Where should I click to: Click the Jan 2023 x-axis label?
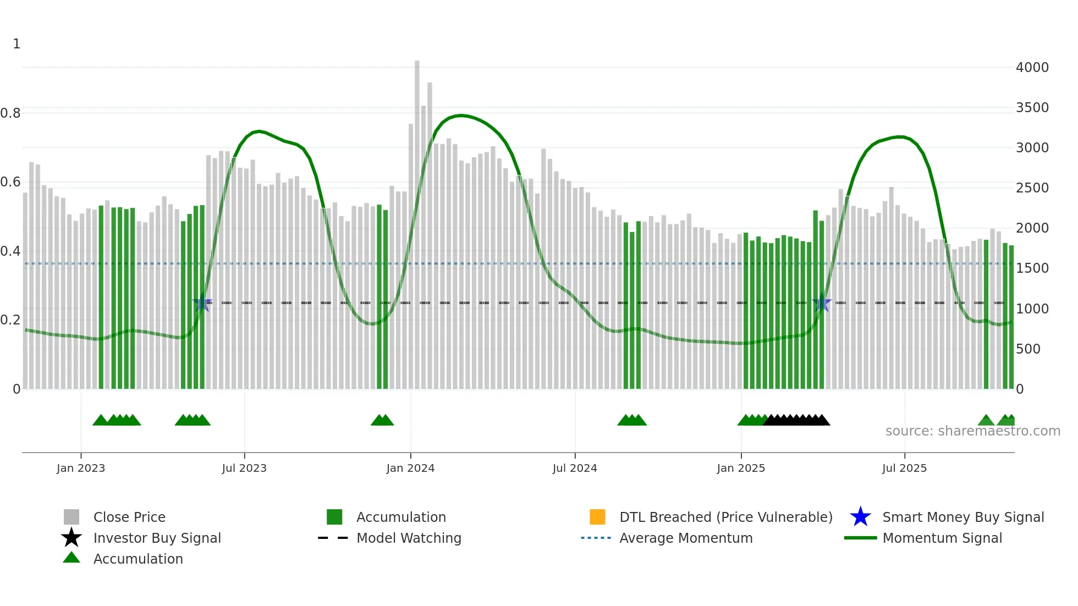(81, 468)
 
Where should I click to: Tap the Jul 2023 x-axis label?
(244, 468)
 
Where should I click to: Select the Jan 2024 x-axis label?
(410, 468)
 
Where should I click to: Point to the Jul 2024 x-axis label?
(575, 468)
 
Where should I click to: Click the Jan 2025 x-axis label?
(741, 468)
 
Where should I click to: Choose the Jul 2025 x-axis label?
(904, 468)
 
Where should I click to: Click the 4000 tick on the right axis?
(1032, 68)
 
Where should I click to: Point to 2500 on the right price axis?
(1032, 188)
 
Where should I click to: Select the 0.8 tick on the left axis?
(10, 113)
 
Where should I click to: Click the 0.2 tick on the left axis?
(10, 320)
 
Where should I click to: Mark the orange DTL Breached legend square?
(597, 517)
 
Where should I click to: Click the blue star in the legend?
(860, 517)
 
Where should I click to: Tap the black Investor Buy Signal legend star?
(71, 538)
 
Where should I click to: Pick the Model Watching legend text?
(409, 538)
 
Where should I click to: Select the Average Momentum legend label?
(686, 538)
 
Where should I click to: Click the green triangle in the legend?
(71, 558)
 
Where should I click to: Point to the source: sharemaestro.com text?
(972, 431)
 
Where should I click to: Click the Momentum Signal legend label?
(942, 538)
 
